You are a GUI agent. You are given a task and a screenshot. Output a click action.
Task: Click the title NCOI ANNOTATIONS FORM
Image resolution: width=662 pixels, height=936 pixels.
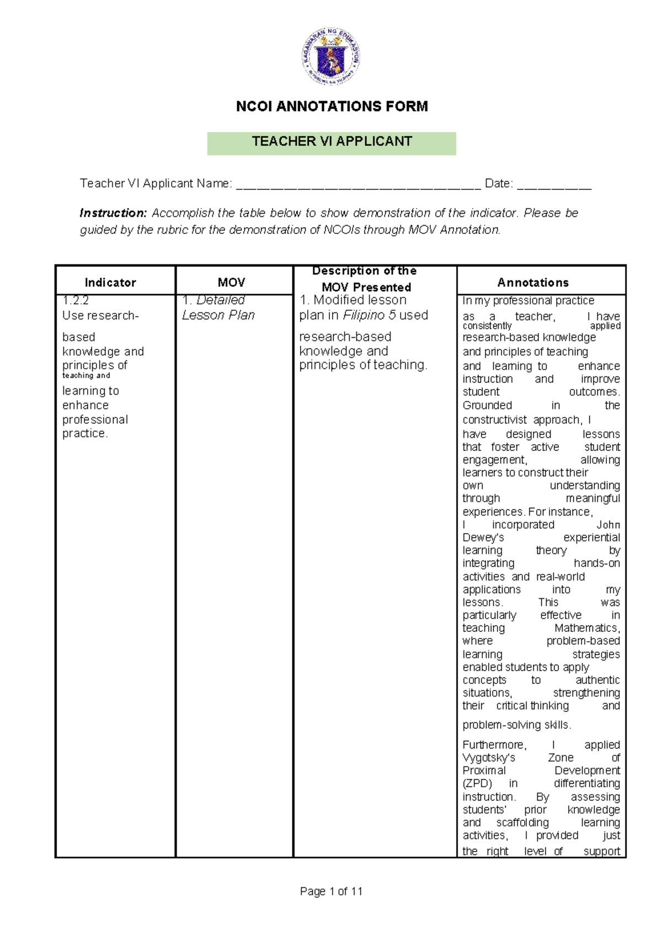pyautogui.click(x=332, y=107)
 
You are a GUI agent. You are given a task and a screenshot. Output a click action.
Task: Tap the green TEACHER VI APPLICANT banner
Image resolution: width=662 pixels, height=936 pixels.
pyautogui.click(x=332, y=142)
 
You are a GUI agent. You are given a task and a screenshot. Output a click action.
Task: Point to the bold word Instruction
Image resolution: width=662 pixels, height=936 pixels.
pyautogui.click(x=113, y=213)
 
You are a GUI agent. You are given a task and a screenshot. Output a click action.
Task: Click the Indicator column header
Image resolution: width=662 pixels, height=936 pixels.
pyautogui.click(x=110, y=283)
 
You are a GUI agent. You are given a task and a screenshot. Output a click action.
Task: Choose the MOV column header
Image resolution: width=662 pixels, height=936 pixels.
pyautogui.click(x=231, y=283)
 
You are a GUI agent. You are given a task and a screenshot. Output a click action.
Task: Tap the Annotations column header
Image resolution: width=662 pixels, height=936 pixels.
pyautogui.click(x=533, y=283)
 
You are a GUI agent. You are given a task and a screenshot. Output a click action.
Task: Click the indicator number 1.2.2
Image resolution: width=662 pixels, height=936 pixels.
pyautogui.click(x=76, y=301)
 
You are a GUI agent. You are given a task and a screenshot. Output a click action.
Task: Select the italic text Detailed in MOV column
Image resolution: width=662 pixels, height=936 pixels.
pyautogui.click(x=221, y=300)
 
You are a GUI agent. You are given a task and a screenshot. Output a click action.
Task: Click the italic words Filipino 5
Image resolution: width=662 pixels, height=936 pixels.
pyautogui.click(x=369, y=315)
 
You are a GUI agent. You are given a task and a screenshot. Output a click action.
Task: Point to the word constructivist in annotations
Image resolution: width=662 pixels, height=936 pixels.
pyautogui.click(x=494, y=420)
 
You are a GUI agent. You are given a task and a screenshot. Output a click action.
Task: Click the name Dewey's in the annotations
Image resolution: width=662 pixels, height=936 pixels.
pyautogui.click(x=483, y=538)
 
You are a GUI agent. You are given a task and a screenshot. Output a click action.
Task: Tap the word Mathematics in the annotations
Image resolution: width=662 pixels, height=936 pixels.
pyautogui.click(x=587, y=628)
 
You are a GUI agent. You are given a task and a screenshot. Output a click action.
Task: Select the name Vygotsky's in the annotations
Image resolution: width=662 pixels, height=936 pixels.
pyautogui.click(x=489, y=758)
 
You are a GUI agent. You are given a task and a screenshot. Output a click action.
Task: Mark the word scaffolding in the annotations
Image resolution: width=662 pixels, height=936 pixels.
pyautogui.click(x=522, y=823)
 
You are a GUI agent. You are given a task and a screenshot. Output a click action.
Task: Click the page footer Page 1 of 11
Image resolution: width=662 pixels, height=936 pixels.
pyautogui.click(x=331, y=891)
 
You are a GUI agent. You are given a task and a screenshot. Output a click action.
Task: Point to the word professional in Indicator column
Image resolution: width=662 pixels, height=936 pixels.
pyautogui.click(x=95, y=420)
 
